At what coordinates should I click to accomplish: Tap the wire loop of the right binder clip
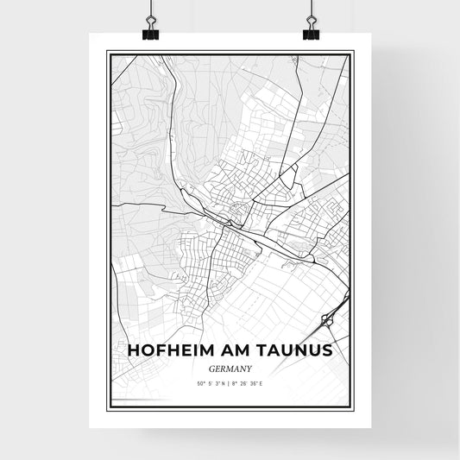click(x=312, y=21)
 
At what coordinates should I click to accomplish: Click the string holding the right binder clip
click(x=311, y=6)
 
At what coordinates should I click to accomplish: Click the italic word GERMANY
click(x=230, y=367)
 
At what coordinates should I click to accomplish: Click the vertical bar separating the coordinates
click(x=230, y=383)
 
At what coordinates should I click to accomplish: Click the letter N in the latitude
click(x=224, y=383)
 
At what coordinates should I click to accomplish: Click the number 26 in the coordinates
click(x=243, y=383)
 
